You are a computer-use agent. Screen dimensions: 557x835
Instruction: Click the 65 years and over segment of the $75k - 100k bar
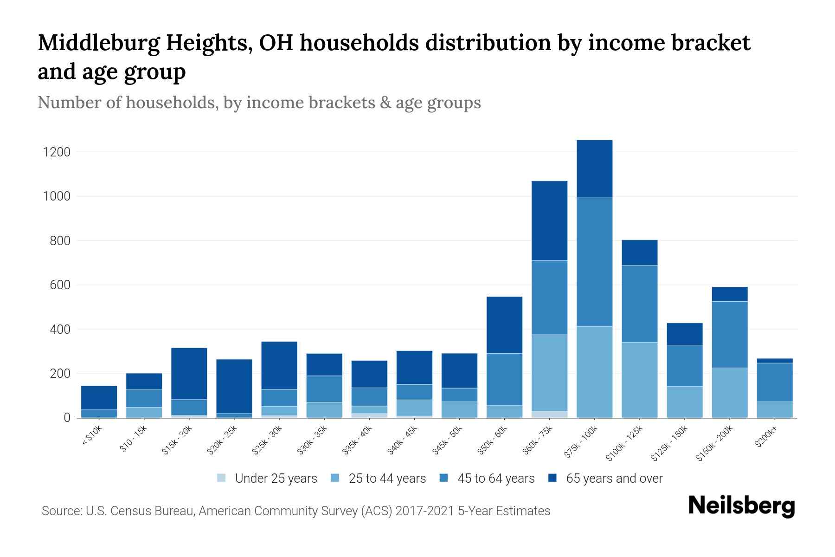pyautogui.click(x=594, y=169)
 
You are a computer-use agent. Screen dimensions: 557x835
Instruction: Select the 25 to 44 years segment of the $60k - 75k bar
pyautogui.click(x=549, y=373)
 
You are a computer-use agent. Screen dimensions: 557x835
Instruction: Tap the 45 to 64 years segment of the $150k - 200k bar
pyautogui.click(x=729, y=335)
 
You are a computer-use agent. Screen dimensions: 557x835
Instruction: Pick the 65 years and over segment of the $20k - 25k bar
pyautogui.click(x=234, y=386)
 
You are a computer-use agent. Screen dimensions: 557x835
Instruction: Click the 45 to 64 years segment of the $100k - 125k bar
pyautogui.click(x=639, y=304)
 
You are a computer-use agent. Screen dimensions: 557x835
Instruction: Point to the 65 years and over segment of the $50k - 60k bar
pyautogui.click(x=504, y=325)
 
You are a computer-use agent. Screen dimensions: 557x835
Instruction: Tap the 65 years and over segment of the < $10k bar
pyautogui.click(x=99, y=398)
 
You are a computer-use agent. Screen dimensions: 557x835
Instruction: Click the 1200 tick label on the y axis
pyautogui.click(x=57, y=152)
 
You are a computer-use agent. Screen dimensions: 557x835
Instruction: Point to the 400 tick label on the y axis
pyautogui.click(x=60, y=330)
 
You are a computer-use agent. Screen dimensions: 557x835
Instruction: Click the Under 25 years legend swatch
pyautogui.click(x=222, y=478)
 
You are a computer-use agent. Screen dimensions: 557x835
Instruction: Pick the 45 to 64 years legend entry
pyautogui.click(x=496, y=478)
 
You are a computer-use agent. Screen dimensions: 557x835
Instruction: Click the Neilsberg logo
pyautogui.click(x=741, y=506)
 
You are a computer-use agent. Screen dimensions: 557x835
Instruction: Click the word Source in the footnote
pyautogui.click(x=61, y=511)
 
